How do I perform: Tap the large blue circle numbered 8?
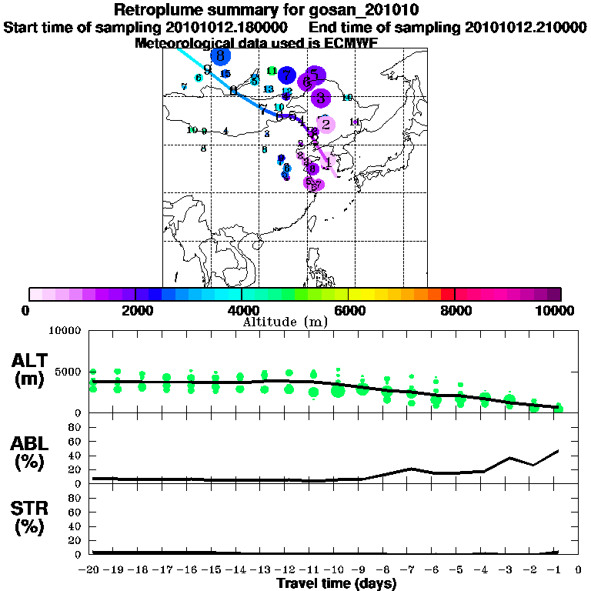click(221, 56)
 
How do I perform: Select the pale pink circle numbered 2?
click(326, 124)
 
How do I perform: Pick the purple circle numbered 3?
click(321, 98)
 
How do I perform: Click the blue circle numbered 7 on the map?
click(287, 75)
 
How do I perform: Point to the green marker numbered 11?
click(271, 71)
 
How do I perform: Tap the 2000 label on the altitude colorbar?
click(135, 310)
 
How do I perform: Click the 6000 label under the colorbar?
click(349, 310)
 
